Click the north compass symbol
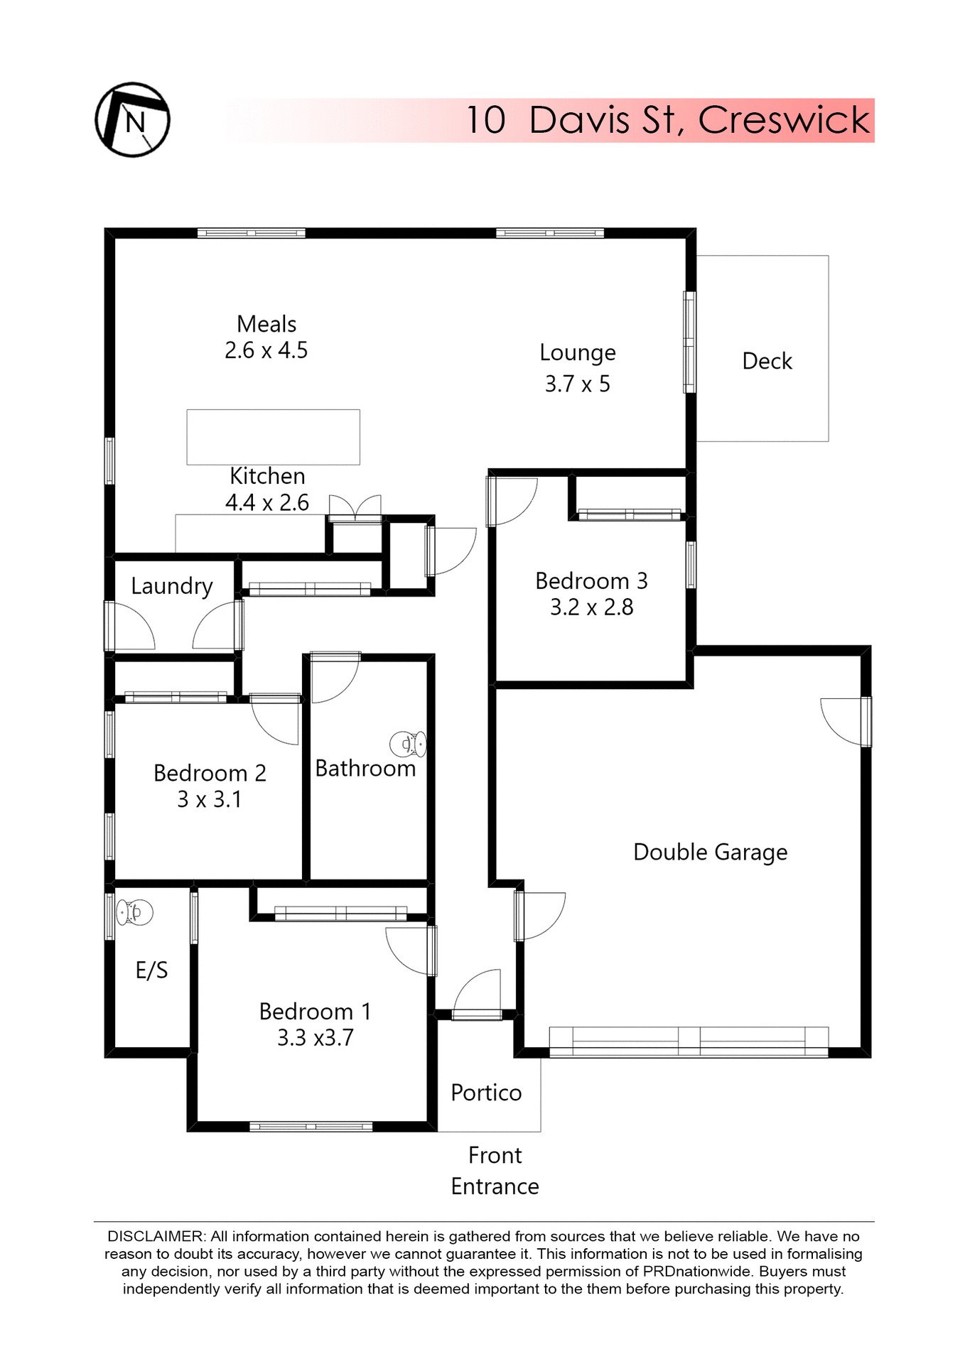[x=132, y=119]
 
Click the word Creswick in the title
[x=783, y=119]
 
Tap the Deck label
[x=767, y=361]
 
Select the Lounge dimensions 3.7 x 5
[x=577, y=384]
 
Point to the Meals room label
[x=266, y=324]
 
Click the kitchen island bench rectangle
[x=273, y=437]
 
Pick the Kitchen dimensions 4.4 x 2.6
[x=267, y=503]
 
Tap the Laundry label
[x=172, y=586]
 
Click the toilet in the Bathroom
[x=408, y=744]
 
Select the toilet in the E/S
[x=135, y=911]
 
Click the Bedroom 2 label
[x=210, y=773]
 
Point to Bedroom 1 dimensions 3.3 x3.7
[x=315, y=1038]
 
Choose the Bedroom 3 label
[x=591, y=581]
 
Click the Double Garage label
[x=710, y=852]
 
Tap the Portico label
[x=486, y=1093]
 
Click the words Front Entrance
[x=495, y=1171]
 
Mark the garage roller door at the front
[x=689, y=1041]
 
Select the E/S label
[x=151, y=970]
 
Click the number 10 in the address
[x=486, y=119]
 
